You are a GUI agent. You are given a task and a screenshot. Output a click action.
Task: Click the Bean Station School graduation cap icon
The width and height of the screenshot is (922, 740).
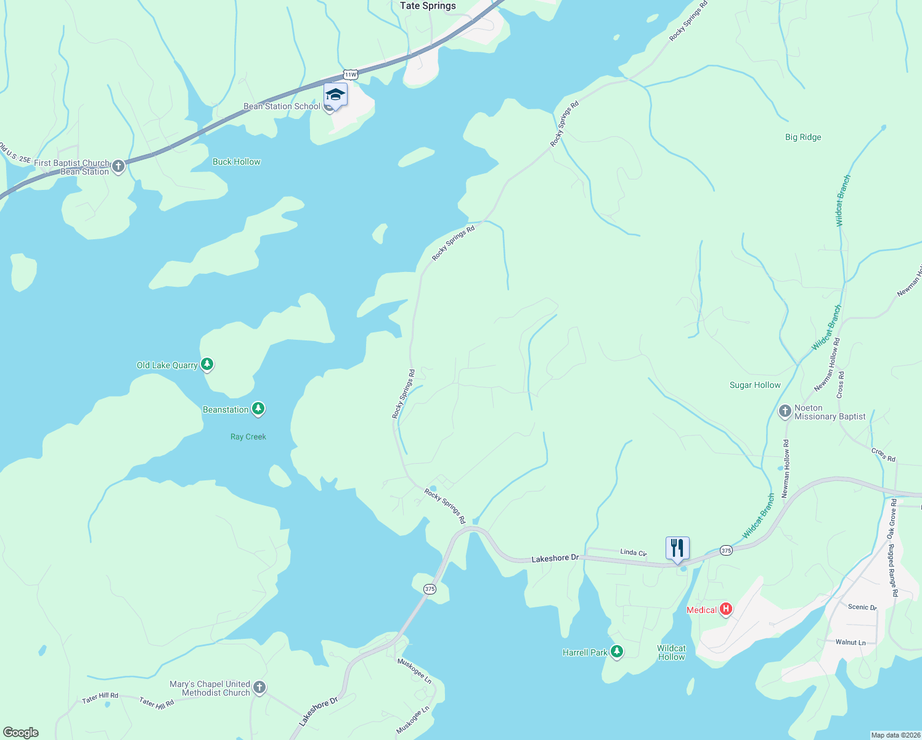coord(335,95)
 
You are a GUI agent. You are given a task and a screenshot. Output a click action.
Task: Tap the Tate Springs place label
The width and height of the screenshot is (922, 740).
coord(428,6)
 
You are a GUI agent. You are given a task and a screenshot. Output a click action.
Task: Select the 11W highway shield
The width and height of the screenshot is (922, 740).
coord(350,75)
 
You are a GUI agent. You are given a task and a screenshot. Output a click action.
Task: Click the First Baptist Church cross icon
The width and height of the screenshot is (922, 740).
coord(118,166)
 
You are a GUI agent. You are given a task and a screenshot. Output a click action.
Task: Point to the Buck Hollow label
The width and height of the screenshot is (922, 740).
coord(236,162)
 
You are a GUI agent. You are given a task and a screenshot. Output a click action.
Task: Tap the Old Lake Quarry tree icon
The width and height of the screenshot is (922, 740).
coord(208,364)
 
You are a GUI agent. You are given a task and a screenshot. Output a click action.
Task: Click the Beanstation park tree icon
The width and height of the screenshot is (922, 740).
coord(258,409)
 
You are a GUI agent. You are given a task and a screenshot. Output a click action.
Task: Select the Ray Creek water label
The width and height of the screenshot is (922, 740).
coord(248,437)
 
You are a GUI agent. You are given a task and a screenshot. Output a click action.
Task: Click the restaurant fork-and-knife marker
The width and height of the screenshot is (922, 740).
coord(677,548)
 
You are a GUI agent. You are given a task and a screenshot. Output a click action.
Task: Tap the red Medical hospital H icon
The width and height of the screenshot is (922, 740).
coord(726,609)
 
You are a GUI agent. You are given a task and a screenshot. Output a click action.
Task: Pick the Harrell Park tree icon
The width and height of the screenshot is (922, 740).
coord(617,652)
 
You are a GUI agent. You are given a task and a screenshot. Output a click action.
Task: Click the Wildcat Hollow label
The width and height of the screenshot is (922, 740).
coord(671,652)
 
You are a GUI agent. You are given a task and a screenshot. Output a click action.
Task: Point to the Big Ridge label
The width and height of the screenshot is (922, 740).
coord(802,138)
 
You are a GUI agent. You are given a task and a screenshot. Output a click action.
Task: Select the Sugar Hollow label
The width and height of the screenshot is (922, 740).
coord(754,385)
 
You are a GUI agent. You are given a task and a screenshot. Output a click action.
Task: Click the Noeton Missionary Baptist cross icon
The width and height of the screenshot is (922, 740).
coord(785,411)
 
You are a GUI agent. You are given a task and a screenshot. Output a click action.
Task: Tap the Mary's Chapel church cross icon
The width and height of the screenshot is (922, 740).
coord(259,688)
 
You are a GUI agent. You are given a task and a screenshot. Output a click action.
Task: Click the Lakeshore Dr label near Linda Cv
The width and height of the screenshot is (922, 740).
coord(555,558)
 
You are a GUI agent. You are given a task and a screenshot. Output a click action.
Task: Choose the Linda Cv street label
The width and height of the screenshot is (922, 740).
coord(633,553)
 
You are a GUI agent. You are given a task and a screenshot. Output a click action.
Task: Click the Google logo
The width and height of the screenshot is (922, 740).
coord(21,733)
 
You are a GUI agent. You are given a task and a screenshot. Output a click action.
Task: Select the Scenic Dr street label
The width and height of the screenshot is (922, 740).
coord(862,607)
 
